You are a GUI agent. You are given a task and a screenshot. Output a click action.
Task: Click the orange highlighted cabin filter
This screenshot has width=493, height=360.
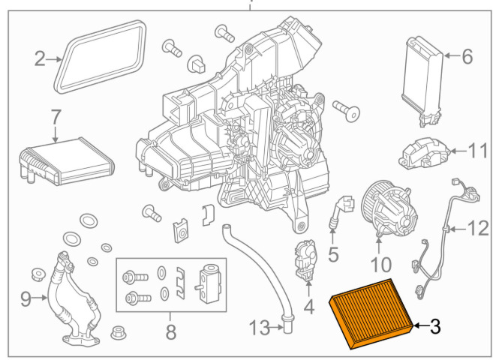[x=371, y=313]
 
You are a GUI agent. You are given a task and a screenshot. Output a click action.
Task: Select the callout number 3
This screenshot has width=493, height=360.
[x=434, y=326]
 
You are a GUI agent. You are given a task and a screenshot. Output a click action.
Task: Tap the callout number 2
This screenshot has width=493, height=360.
[x=40, y=58]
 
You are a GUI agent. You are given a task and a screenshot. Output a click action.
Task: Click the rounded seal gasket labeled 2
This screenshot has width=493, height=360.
[x=100, y=57]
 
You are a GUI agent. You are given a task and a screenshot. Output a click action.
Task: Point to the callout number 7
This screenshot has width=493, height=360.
[x=56, y=118]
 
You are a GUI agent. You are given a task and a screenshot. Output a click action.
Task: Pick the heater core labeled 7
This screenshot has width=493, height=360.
[x=67, y=161]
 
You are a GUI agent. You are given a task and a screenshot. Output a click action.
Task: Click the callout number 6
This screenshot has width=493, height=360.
[x=467, y=56]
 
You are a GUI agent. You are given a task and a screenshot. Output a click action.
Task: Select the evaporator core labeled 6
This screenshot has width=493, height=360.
[x=422, y=81]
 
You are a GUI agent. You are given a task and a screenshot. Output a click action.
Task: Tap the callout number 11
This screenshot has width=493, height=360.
[x=478, y=151]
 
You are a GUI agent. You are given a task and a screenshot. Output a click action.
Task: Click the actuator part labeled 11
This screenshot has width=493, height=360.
[x=424, y=153]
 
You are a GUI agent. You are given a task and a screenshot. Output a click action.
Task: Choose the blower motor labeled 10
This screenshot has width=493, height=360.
[x=389, y=207]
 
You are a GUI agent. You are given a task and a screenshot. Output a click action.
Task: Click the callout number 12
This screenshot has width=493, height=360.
[x=478, y=229]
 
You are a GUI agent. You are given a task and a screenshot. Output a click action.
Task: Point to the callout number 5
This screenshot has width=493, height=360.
[x=333, y=253]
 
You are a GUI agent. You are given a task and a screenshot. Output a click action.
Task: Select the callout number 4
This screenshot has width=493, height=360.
[x=309, y=307]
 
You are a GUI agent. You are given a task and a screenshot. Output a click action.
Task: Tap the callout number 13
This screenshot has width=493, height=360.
[x=260, y=328]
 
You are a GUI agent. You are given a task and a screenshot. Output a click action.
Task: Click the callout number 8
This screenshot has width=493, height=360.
[x=171, y=331]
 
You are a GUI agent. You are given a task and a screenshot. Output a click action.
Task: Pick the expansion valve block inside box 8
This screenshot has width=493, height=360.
[x=208, y=283]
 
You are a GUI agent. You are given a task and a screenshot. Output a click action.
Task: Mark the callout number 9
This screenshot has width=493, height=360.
[x=26, y=298]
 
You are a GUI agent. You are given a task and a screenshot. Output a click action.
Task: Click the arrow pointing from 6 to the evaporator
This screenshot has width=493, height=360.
[x=452, y=56]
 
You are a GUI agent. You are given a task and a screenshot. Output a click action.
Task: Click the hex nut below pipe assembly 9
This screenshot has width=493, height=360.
[x=119, y=333]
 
